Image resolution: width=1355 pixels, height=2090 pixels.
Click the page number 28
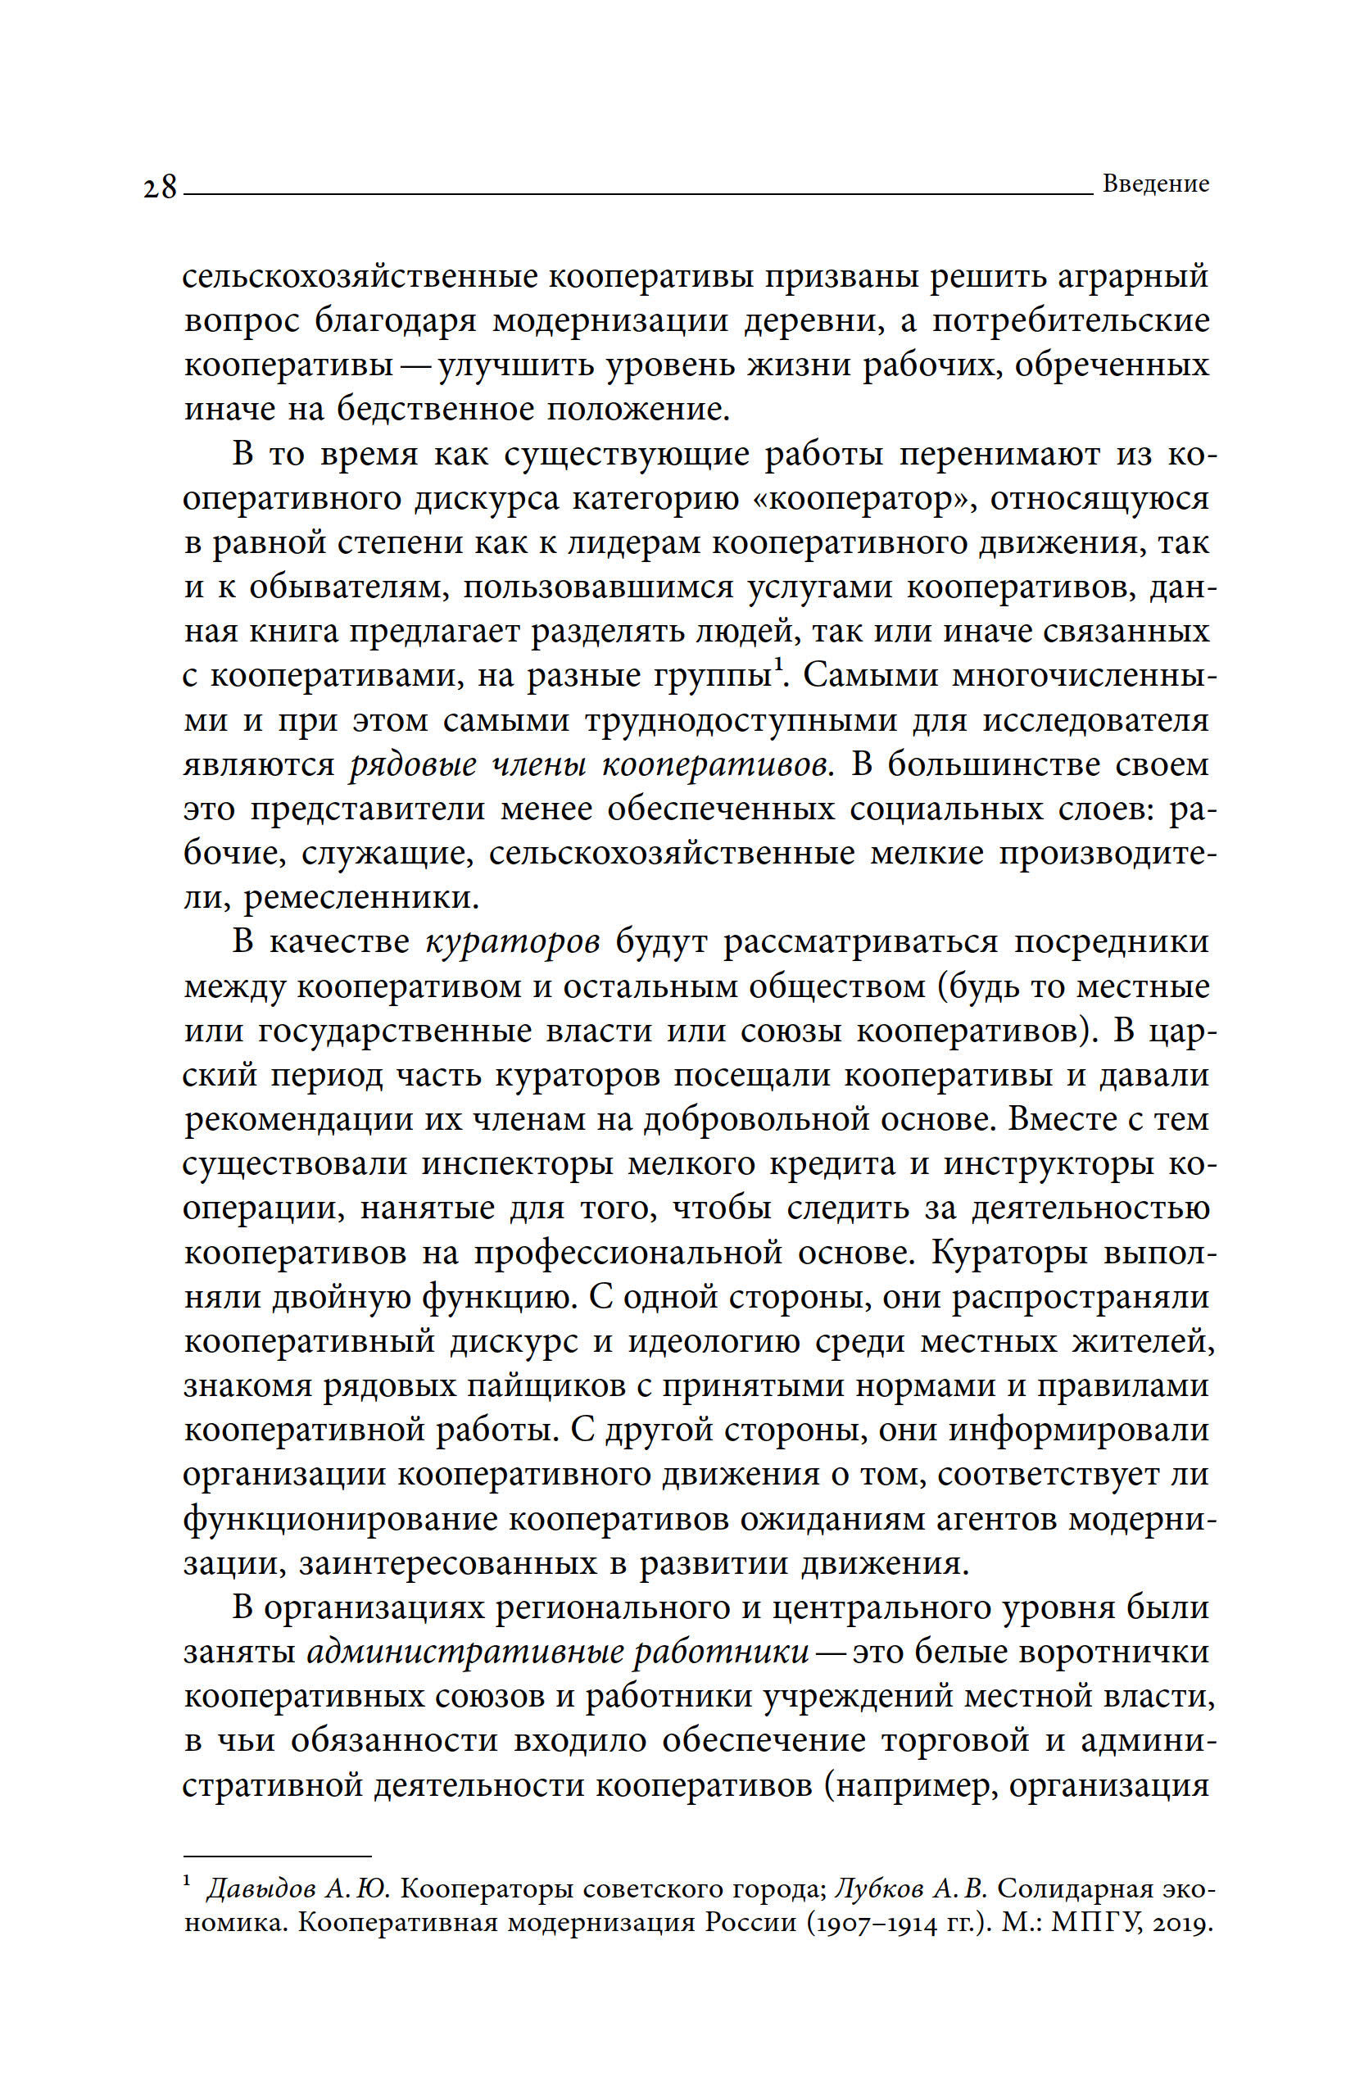161,187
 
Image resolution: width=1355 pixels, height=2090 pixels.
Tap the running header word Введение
1155,184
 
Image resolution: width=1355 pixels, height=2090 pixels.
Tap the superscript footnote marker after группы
778,668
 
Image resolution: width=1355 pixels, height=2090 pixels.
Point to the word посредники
1111,942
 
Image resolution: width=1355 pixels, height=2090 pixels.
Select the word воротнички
1107,1652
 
